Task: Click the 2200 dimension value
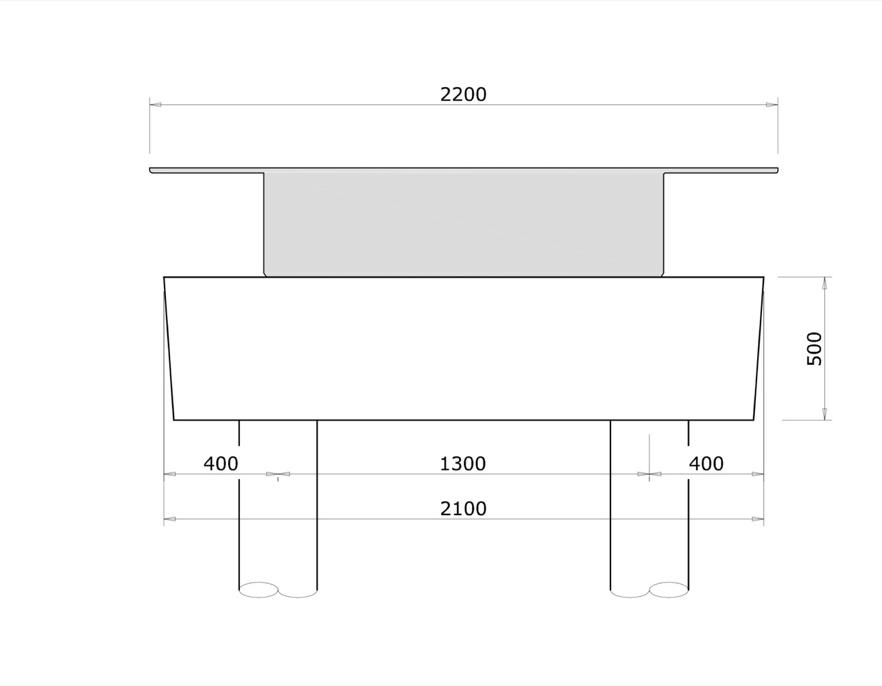coord(463,95)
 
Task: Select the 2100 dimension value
coord(463,508)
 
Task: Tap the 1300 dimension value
coord(463,464)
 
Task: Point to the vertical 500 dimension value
coord(814,348)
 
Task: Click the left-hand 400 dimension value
coord(221,464)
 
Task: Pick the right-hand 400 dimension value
coord(706,464)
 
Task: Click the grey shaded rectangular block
coord(464,224)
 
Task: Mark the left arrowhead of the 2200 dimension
coord(156,105)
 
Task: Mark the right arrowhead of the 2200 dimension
coord(772,105)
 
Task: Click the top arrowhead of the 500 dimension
coord(824,283)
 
